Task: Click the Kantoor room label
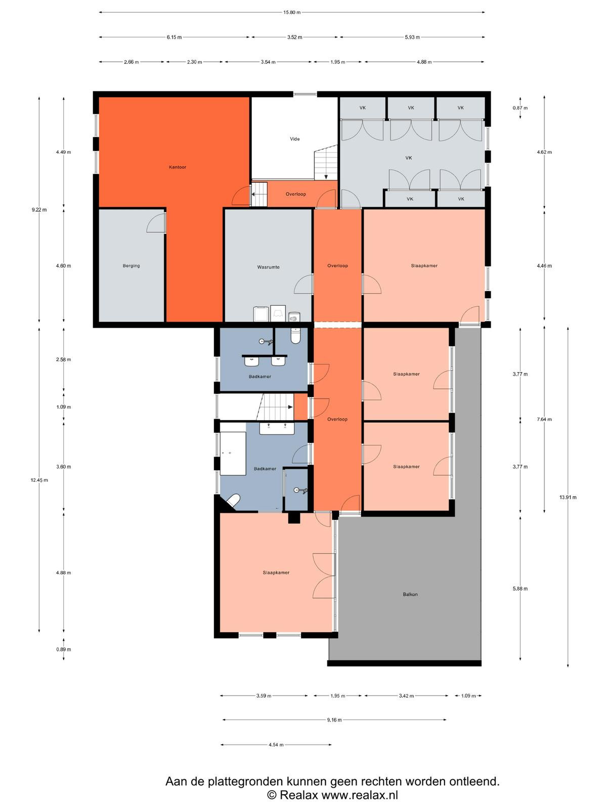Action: tap(177, 167)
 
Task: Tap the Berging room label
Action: tap(131, 266)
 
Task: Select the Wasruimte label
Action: tap(268, 267)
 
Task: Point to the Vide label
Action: tap(294, 139)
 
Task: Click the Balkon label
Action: tap(410, 594)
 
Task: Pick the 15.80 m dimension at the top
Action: tap(292, 12)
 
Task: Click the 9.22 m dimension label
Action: tap(39, 210)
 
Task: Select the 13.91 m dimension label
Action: tap(568, 497)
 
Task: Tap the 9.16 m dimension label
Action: tap(334, 719)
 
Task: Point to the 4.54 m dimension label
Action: tap(276, 745)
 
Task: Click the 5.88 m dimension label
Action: tap(520, 589)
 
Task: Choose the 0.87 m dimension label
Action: tap(520, 108)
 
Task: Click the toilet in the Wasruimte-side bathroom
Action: tap(295, 336)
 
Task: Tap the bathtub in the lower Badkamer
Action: tap(233, 454)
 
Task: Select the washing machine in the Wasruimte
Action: tap(262, 314)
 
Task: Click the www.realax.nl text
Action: tap(359, 794)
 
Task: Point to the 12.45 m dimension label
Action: tap(39, 480)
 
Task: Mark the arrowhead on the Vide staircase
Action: tap(326, 177)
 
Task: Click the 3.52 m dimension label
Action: tap(294, 37)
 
